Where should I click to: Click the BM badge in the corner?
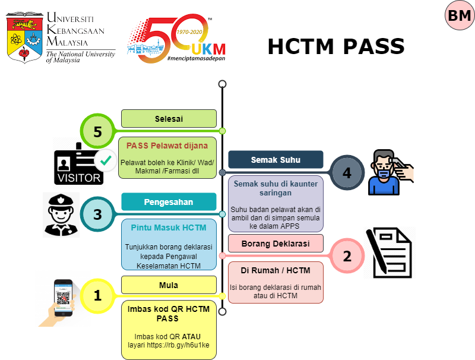[x=460, y=16]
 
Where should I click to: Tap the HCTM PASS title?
[x=335, y=46]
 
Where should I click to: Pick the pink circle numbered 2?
[x=346, y=255]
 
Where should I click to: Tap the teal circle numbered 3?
[x=97, y=214]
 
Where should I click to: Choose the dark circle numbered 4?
[x=346, y=172]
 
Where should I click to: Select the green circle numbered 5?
[x=97, y=132]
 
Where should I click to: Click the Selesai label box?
[x=169, y=118]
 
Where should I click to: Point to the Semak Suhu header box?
[x=275, y=159]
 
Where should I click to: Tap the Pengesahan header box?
[x=169, y=201]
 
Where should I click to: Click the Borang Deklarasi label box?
[x=275, y=242]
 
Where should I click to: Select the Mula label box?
[x=169, y=285]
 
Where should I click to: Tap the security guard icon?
[x=62, y=214]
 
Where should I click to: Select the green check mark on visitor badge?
[x=105, y=160]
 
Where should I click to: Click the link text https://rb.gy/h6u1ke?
[x=187, y=344]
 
